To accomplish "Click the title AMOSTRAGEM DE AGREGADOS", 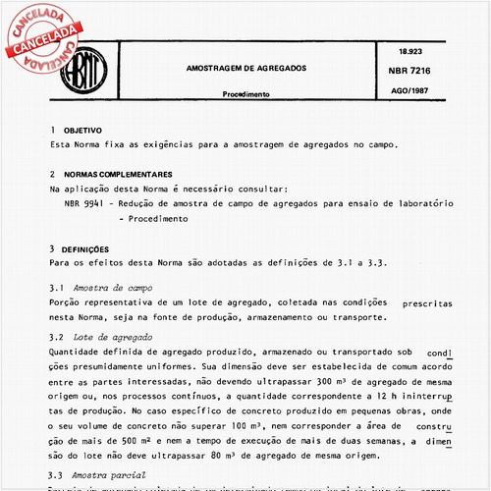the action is point(245,69).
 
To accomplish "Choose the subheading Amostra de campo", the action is point(112,288).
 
